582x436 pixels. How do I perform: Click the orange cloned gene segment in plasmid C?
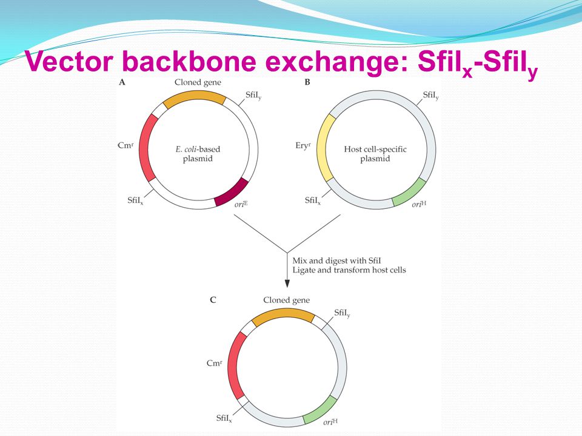point(283,316)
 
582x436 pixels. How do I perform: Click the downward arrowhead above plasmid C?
point(287,283)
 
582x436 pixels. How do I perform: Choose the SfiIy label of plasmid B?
point(431,96)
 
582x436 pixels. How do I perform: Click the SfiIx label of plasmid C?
point(227,418)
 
